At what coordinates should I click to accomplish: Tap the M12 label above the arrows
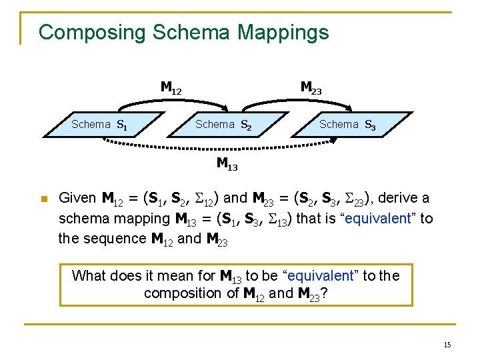coord(171,87)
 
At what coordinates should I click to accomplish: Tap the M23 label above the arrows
coord(311,87)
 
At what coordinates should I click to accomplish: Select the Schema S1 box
coord(100,124)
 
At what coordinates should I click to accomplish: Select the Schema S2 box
coord(223,124)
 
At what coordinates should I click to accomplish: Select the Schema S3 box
coord(347,124)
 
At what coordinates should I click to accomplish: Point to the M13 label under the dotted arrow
coord(227,163)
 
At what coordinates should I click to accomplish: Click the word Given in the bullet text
coord(78,198)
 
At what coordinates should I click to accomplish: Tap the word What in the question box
coord(89,275)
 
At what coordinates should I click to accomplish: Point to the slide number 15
coord(447,345)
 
